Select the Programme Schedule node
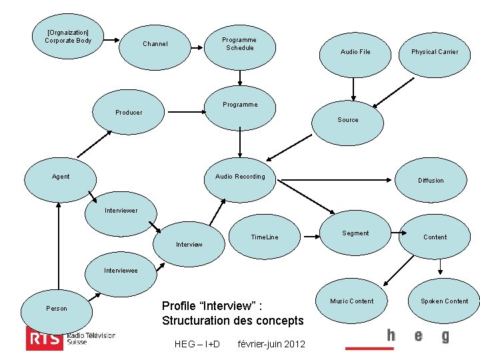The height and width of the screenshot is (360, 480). (239, 44)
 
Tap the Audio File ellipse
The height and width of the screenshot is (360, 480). (355, 53)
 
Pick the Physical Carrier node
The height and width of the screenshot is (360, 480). (434, 53)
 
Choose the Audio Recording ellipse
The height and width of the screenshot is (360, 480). (239, 178)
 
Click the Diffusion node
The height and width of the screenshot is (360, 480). (430, 181)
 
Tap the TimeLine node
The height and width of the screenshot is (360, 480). (264, 238)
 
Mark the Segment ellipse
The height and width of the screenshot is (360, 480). (355, 235)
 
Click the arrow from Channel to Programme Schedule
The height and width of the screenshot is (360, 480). (197, 47)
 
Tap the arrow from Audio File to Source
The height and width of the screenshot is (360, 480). (354, 88)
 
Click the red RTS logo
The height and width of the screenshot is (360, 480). (44, 338)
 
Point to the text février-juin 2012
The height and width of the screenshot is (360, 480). (271, 344)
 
